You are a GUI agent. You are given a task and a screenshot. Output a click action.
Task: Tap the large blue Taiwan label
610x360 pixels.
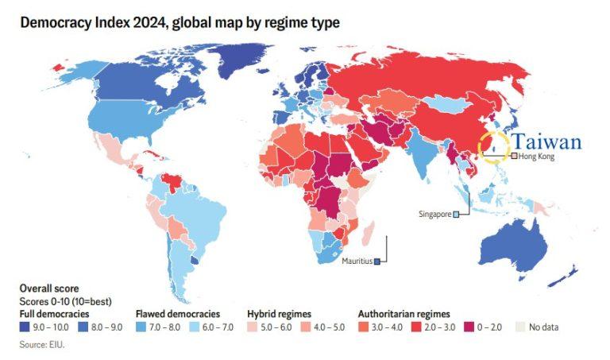coord(547,142)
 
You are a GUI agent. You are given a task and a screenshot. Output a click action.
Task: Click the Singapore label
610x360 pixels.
coord(434,215)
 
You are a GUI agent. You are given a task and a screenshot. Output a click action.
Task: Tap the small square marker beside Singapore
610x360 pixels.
coord(456,215)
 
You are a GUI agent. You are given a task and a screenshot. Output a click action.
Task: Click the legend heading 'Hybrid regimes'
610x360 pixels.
coord(279,314)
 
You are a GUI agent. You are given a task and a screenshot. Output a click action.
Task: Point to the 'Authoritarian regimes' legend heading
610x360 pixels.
coord(404,314)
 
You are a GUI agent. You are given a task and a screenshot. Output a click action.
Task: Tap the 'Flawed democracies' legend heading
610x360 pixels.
coord(178,314)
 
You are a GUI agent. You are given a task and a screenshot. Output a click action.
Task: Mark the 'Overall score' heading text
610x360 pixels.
coord(48,288)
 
